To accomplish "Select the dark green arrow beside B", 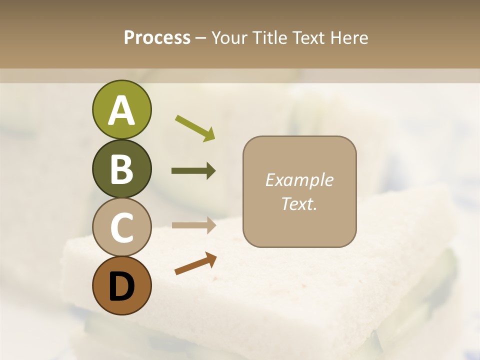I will [x=193, y=171].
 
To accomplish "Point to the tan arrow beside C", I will [x=193, y=225].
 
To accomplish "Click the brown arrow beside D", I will [x=195, y=263].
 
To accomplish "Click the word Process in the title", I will [x=157, y=37].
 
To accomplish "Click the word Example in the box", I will [x=299, y=180].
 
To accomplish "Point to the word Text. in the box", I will [x=299, y=203].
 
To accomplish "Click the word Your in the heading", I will [x=229, y=37].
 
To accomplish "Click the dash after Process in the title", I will [x=200, y=38].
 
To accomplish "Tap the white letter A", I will [x=121, y=111].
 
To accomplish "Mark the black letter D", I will [x=121, y=286].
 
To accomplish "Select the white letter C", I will [x=121, y=227].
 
